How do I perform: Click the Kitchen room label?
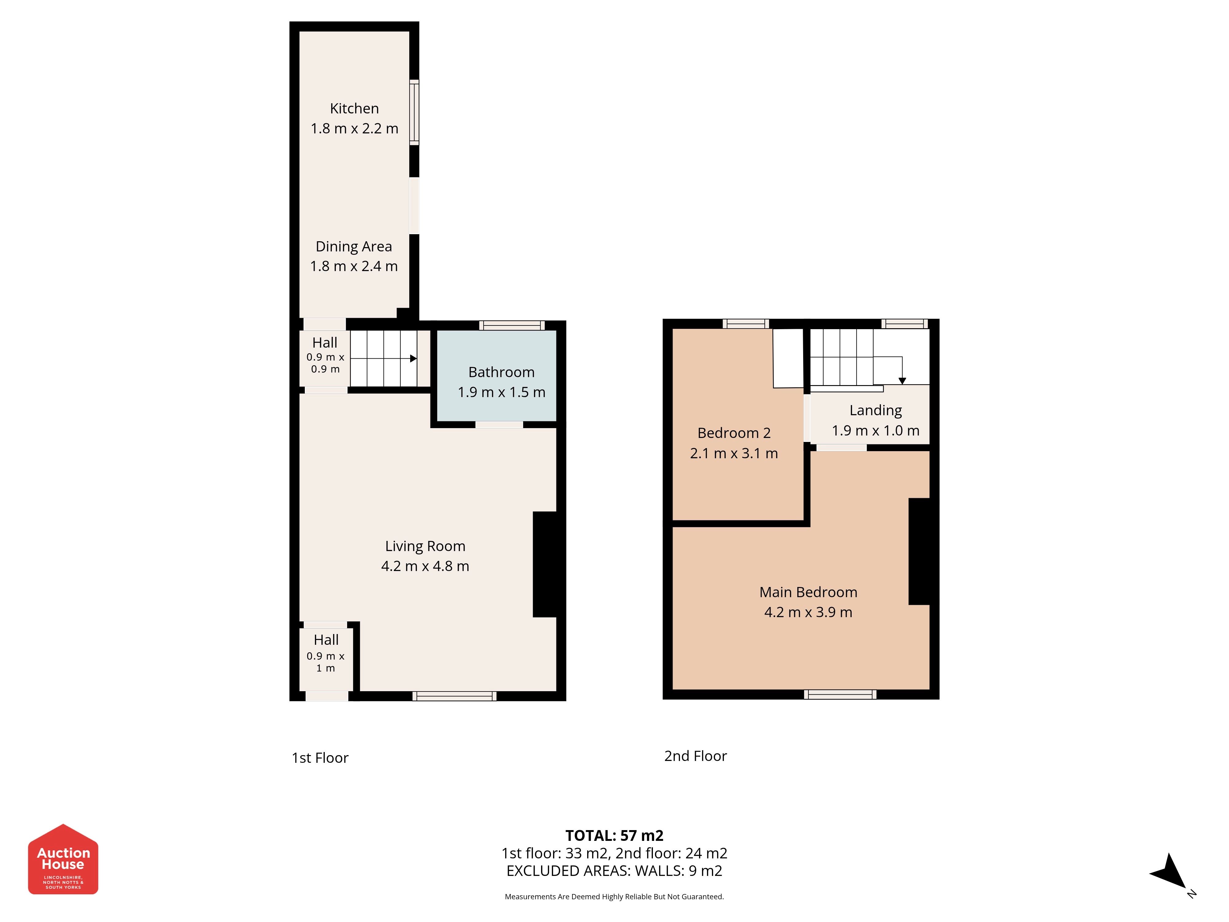point(355,108)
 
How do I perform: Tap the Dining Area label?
point(354,246)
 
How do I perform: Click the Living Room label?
point(425,546)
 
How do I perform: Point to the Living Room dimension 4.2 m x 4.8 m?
point(425,566)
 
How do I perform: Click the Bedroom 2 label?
point(734,433)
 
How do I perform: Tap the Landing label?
point(876,411)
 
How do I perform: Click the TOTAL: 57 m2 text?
point(614,835)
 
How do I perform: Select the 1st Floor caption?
point(320,758)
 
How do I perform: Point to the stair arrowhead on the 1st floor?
point(413,358)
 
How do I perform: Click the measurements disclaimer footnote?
point(614,896)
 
